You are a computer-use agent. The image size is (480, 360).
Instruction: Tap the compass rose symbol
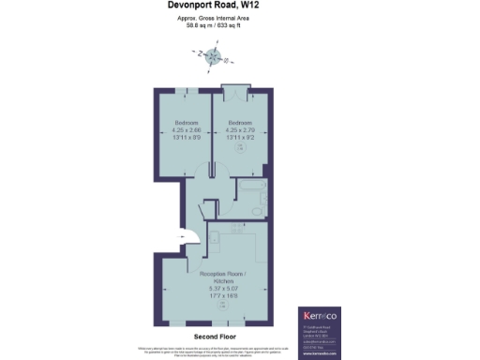point(214,55)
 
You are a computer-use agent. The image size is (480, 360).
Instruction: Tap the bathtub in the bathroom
point(248,195)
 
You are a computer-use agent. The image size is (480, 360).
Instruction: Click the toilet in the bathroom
point(258,213)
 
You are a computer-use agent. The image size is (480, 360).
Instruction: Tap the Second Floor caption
point(213,335)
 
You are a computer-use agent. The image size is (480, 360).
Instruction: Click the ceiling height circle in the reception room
point(221,306)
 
